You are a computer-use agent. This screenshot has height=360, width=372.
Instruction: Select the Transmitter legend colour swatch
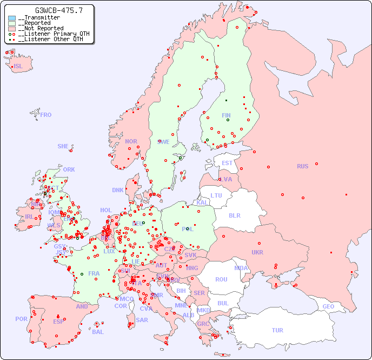tap(12, 18)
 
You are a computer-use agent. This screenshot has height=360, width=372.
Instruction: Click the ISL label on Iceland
tap(18, 67)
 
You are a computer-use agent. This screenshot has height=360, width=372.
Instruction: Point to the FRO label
tap(46, 115)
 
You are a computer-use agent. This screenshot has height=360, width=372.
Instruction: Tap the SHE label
tap(63, 146)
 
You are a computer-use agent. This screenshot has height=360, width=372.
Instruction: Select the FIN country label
tap(226, 115)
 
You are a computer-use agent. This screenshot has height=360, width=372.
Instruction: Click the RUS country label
tap(302, 166)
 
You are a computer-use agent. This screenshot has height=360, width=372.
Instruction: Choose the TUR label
tap(277, 330)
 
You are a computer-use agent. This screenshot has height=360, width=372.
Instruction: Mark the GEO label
tap(328, 306)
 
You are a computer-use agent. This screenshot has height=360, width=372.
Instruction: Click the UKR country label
tap(257, 252)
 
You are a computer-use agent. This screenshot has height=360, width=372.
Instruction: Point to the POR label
tap(21, 319)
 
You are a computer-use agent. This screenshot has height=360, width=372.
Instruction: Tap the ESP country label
tap(58, 321)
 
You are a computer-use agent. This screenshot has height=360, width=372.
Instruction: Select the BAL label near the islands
tap(98, 332)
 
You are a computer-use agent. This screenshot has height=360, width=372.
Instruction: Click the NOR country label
tap(131, 141)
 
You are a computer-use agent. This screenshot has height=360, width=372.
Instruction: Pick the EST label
tap(227, 163)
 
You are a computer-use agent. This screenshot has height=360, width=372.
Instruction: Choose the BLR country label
tap(234, 215)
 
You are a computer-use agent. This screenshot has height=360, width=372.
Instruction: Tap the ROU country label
tap(221, 279)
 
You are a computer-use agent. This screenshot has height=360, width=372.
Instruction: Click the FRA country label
tap(94, 273)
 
